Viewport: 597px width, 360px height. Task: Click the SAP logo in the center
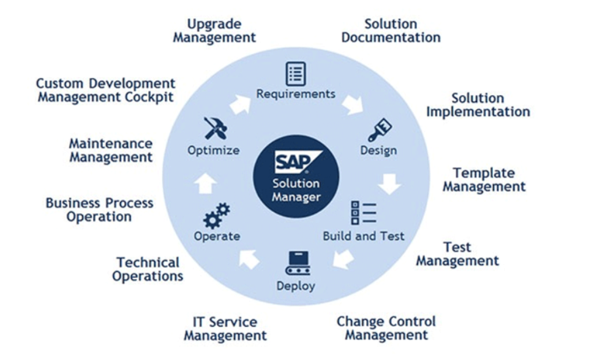295,163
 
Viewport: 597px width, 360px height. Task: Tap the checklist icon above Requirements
296,73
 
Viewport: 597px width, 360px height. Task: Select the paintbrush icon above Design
380,129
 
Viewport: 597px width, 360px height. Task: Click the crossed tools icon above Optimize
215,128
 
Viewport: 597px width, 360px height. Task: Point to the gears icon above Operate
216,216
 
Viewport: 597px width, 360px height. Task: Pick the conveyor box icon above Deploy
297,264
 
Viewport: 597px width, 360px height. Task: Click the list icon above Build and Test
364,212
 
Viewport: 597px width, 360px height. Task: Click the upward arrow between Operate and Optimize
206,182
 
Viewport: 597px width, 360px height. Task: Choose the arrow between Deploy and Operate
249,259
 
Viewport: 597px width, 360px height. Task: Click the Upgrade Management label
214,31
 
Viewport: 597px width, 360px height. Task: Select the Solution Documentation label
391,31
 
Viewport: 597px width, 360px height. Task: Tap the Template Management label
484,180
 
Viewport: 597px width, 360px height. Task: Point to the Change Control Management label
386,328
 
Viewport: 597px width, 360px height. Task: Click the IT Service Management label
225,329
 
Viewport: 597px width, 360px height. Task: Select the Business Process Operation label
99,209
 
